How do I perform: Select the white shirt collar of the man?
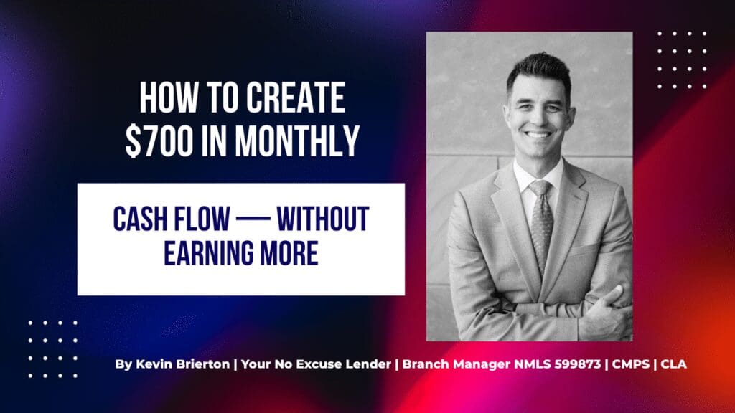pyautogui.click(x=528, y=179)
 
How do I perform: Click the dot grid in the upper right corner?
pyautogui.click(x=681, y=60)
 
